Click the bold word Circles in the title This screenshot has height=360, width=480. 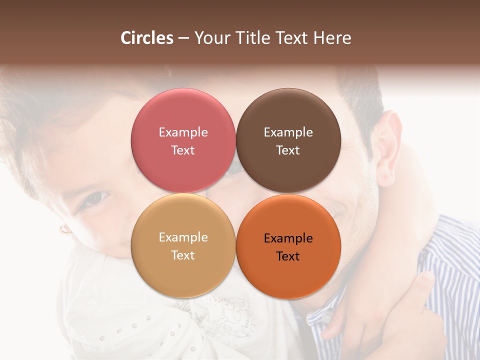point(147,38)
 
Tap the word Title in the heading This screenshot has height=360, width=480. point(254,38)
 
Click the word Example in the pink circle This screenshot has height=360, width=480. point(183,132)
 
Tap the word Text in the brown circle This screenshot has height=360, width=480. point(288,150)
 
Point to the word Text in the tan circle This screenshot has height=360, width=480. point(183,255)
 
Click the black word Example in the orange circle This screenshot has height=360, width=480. point(288,238)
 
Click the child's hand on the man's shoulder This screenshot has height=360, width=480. point(380,310)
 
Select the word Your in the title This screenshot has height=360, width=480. point(210,38)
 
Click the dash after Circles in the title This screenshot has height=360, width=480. point(183,38)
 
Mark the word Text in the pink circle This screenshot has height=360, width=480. point(183,150)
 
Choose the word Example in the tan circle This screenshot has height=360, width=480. point(183,237)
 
